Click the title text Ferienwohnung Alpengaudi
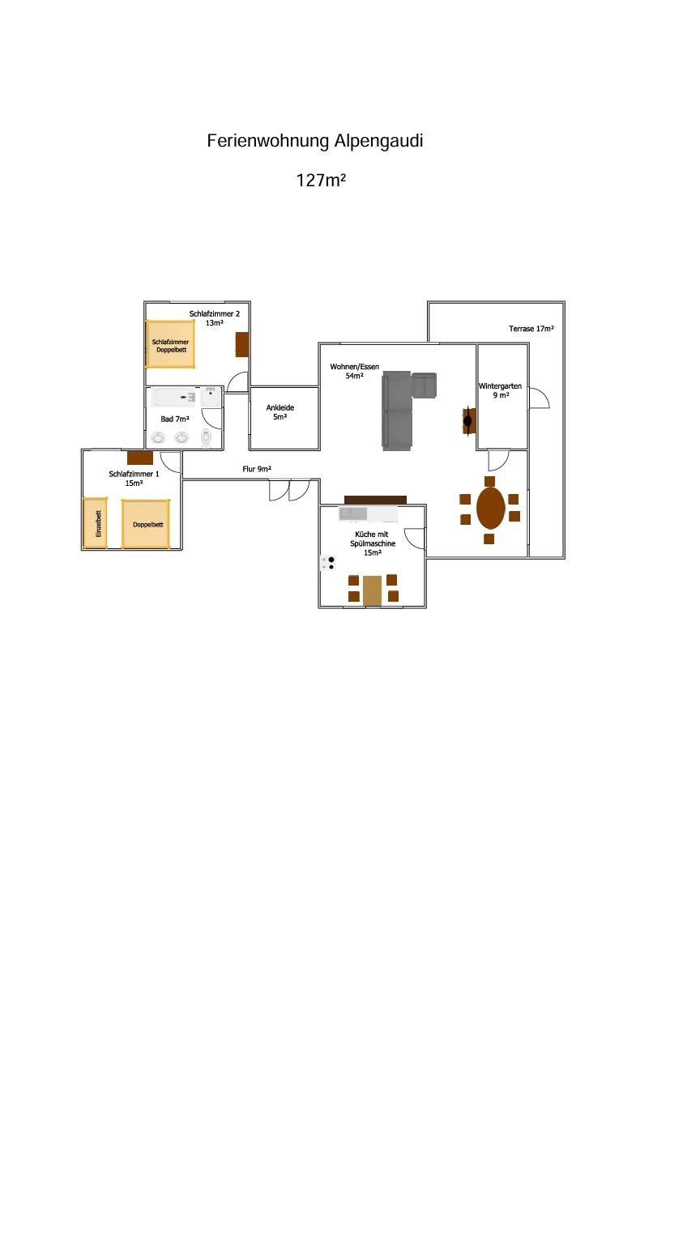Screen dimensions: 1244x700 (315, 141)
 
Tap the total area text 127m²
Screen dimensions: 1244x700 (322, 181)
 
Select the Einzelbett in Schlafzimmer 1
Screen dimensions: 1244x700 (96, 523)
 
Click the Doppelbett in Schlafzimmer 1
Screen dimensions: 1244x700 (147, 524)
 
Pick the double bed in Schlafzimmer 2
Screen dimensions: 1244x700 (170, 344)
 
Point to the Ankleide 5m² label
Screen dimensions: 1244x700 (280, 412)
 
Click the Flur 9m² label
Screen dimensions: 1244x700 (257, 469)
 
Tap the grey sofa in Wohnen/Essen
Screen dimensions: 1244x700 (399, 411)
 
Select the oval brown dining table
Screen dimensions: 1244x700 (490, 508)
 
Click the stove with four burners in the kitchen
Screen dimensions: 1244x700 (328, 563)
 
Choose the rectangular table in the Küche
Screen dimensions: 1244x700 (372, 590)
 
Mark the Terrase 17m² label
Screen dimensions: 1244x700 (531, 329)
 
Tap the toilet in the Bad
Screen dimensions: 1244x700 (206, 437)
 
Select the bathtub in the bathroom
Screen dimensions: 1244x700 (175, 398)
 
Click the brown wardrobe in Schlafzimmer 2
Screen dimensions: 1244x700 (241, 344)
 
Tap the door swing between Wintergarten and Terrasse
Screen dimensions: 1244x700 (539, 398)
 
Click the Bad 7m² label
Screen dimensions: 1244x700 (175, 419)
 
